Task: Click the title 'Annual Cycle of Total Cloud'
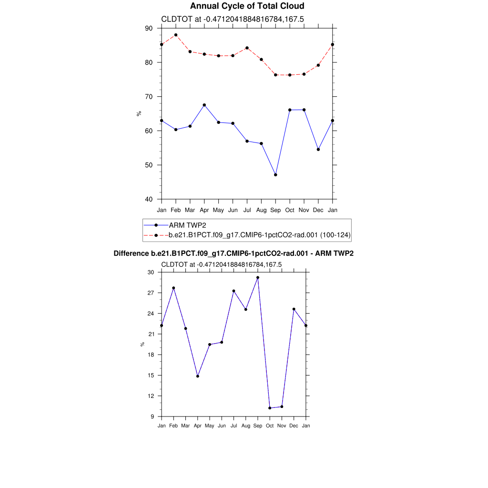pyautogui.click(x=247, y=6)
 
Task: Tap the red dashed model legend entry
pyautogui.click(x=260, y=234)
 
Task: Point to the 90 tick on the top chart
pyautogui.click(x=149, y=29)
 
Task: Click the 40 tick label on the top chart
pyautogui.click(x=149, y=199)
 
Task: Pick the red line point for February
pyautogui.click(x=176, y=35)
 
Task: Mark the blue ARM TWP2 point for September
pyautogui.click(x=275, y=175)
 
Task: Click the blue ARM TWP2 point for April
pyautogui.click(x=204, y=105)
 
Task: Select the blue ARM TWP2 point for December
pyautogui.click(x=318, y=150)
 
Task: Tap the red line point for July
pyautogui.click(x=247, y=48)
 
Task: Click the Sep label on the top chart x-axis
pyautogui.click(x=275, y=210)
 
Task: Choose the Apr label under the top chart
pyautogui.click(x=204, y=210)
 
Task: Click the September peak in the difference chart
pyautogui.click(x=258, y=277)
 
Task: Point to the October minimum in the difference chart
pyautogui.click(x=270, y=408)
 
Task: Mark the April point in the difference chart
pyautogui.click(x=197, y=376)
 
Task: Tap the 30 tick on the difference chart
pyautogui.click(x=151, y=272)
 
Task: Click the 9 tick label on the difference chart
pyautogui.click(x=152, y=417)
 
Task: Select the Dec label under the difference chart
pyautogui.click(x=294, y=426)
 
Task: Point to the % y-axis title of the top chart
pyautogui.click(x=139, y=113)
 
